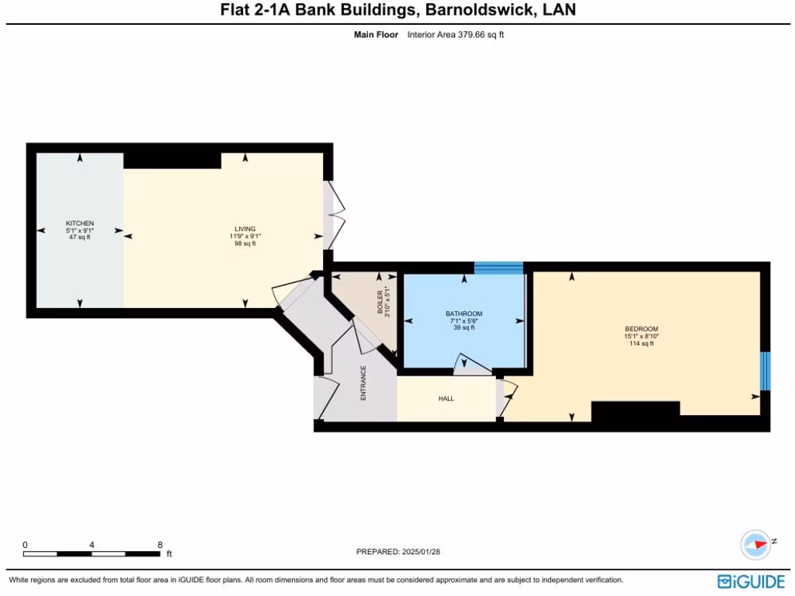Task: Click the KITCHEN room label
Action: [79, 223]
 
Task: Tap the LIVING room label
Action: [245, 229]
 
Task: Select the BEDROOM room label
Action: [641, 329]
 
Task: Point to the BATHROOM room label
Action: [464, 314]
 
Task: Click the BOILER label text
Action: [380, 300]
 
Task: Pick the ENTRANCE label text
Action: [363, 383]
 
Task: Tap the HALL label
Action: [446, 399]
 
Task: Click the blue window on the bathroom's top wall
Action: [498, 268]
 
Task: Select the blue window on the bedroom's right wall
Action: [765, 371]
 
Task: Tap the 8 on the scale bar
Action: [160, 545]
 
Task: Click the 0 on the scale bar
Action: [25, 545]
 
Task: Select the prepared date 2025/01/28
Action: [425, 552]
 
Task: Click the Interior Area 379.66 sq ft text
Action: [456, 35]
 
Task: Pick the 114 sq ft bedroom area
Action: [641, 344]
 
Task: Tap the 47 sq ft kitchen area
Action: [79, 237]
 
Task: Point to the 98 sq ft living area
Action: [245, 244]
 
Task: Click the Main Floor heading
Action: [376, 35]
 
